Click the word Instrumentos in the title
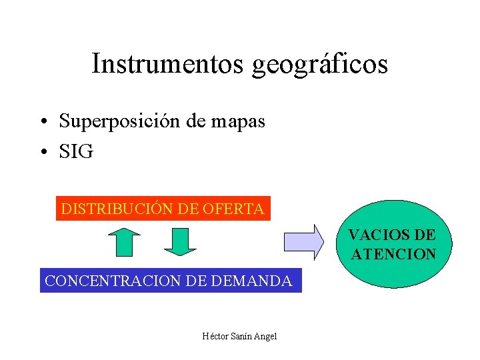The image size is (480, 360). (168, 65)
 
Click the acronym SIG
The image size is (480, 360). (76, 152)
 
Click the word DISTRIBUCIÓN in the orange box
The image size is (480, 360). (117, 209)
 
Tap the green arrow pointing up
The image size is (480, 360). (123, 242)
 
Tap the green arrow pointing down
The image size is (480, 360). (180, 241)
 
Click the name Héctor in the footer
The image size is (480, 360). (215, 335)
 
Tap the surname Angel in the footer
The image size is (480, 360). (265, 335)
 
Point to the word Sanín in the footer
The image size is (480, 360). (240, 335)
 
